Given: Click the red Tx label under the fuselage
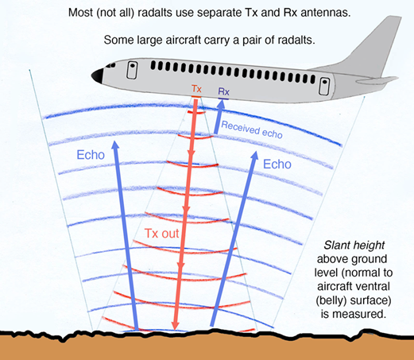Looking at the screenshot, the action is pos(196,89).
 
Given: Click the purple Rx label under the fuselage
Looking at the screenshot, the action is pos(223,91).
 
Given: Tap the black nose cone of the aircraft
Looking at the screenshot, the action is pos(98,75).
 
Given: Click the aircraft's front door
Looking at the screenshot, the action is pos(132,70).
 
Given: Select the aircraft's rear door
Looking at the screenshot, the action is pos(324,86).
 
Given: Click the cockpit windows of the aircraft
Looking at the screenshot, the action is pos(110,65).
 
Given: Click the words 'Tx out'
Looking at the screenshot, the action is pos(162,234).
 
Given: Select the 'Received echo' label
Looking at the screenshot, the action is pos(252,130).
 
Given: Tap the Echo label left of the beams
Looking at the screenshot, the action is pos(91,155).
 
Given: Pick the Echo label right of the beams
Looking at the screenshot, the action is pos(277,165).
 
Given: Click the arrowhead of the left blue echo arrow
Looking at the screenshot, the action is pos(115,145).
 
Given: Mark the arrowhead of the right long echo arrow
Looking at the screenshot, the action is pos(254,156).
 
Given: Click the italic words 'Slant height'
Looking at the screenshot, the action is pos(354,246).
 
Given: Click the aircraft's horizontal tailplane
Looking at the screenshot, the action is pos(377,79).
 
